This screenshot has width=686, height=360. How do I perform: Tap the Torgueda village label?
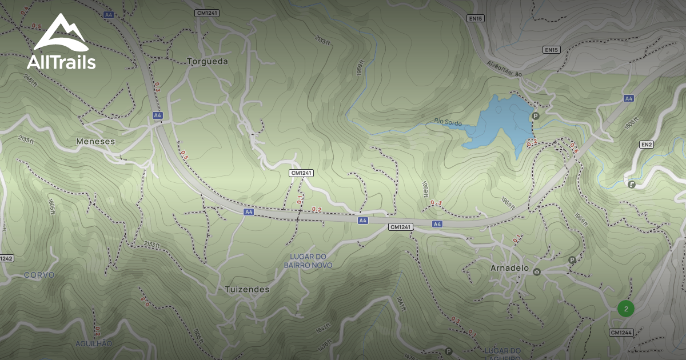click(208, 61)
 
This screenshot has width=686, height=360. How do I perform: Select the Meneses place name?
click(95, 141)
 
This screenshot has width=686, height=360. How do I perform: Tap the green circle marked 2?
click(626, 309)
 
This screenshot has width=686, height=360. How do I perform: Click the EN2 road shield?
click(647, 145)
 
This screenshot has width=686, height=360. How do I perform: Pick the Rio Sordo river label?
click(448, 122)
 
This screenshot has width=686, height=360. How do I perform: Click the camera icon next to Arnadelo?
click(537, 271)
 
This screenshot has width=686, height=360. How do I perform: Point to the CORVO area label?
click(39, 275)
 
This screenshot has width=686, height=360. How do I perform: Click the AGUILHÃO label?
click(94, 343)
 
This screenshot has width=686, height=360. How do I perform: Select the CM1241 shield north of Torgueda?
click(207, 12)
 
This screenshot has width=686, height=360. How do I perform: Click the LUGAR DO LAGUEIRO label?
click(501, 353)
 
